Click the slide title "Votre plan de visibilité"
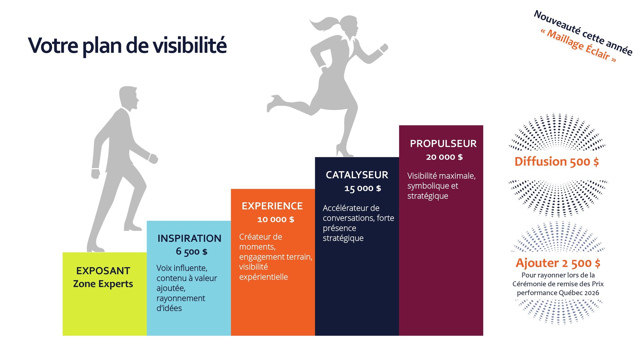pyautogui.click(x=127, y=46)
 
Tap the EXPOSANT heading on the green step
pyautogui.click(x=103, y=271)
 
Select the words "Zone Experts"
pyautogui.click(x=103, y=284)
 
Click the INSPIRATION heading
pyautogui.click(x=189, y=238)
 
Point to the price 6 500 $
pyautogui.click(x=192, y=252)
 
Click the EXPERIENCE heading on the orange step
pyautogui.click(x=272, y=206)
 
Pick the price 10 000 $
pyautogui.click(x=276, y=219)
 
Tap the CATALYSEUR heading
pyautogui.click(x=357, y=175)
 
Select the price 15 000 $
pyautogui.click(x=363, y=188)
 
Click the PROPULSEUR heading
pyautogui.click(x=443, y=144)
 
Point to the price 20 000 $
pyautogui.click(x=445, y=157)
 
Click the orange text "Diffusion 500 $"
pyautogui.click(x=557, y=161)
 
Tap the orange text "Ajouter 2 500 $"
pyautogui.click(x=558, y=263)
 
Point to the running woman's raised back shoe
pyautogui.click(x=273, y=103)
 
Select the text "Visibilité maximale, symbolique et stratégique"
pyautogui.click(x=441, y=186)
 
